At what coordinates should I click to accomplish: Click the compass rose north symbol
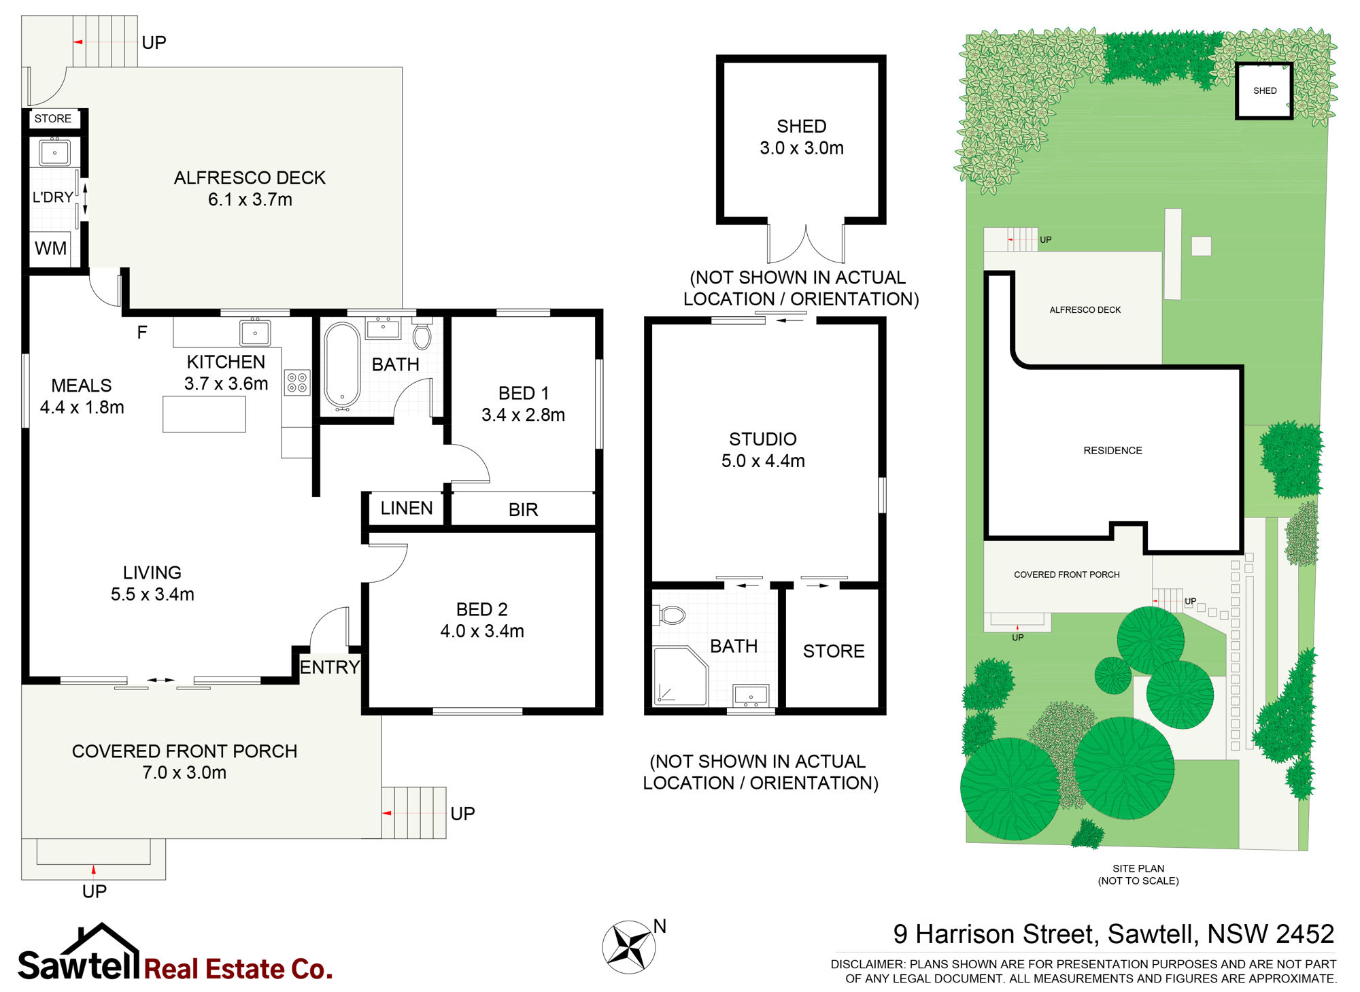point(629,946)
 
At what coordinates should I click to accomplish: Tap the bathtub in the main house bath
point(342,366)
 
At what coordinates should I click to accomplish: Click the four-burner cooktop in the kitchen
point(297,382)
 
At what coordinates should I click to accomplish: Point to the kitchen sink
point(255,332)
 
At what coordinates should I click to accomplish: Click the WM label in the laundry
point(51,248)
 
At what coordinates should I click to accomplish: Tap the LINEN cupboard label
point(407,508)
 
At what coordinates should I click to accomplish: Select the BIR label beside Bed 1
point(524,509)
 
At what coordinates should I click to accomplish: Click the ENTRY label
point(330,667)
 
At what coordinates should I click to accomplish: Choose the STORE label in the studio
point(834,651)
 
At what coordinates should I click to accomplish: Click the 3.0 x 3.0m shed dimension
point(802,148)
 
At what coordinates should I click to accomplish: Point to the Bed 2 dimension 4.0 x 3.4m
point(482,631)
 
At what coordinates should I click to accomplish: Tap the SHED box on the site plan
point(1264,90)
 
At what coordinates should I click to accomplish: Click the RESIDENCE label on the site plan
point(1112,450)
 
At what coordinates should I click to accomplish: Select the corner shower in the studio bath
point(680,676)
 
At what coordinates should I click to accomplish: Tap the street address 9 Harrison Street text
point(996,934)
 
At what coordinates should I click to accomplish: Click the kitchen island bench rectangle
point(204,413)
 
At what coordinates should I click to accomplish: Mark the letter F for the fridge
point(142,332)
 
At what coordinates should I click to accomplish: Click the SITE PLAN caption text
point(1138,868)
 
